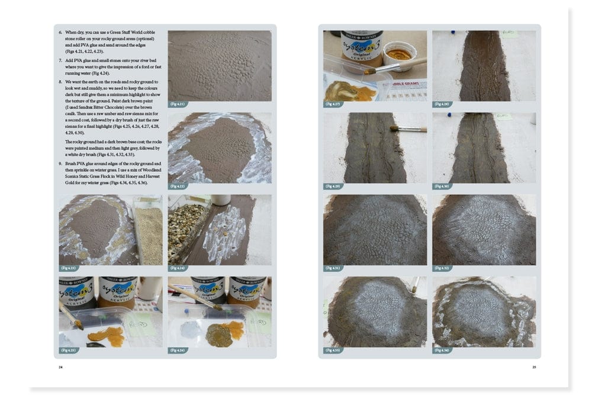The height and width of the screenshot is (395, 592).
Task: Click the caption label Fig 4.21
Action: [x=178, y=104]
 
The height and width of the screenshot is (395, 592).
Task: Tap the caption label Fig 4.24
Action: [x=178, y=268]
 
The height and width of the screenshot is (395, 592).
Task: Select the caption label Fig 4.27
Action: [x=333, y=104]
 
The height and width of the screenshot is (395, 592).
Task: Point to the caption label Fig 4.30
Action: [x=442, y=187]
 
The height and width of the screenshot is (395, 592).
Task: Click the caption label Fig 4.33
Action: [x=333, y=350]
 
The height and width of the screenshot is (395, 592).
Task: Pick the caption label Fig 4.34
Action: [x=442, y=350]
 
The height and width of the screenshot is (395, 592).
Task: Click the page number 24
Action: [x=60, y=367]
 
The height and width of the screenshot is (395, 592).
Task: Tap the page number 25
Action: [x=534, y=367]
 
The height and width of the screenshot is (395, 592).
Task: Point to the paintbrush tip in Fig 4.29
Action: [x=393, y=127]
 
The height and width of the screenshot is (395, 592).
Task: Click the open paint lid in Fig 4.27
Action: [x=399, y=54]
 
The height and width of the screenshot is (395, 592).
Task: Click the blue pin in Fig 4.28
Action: [x=452, y=33]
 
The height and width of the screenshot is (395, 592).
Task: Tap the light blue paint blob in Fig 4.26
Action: [x=191, y=329]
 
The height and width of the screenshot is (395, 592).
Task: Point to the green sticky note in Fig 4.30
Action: [x=504, y=117]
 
